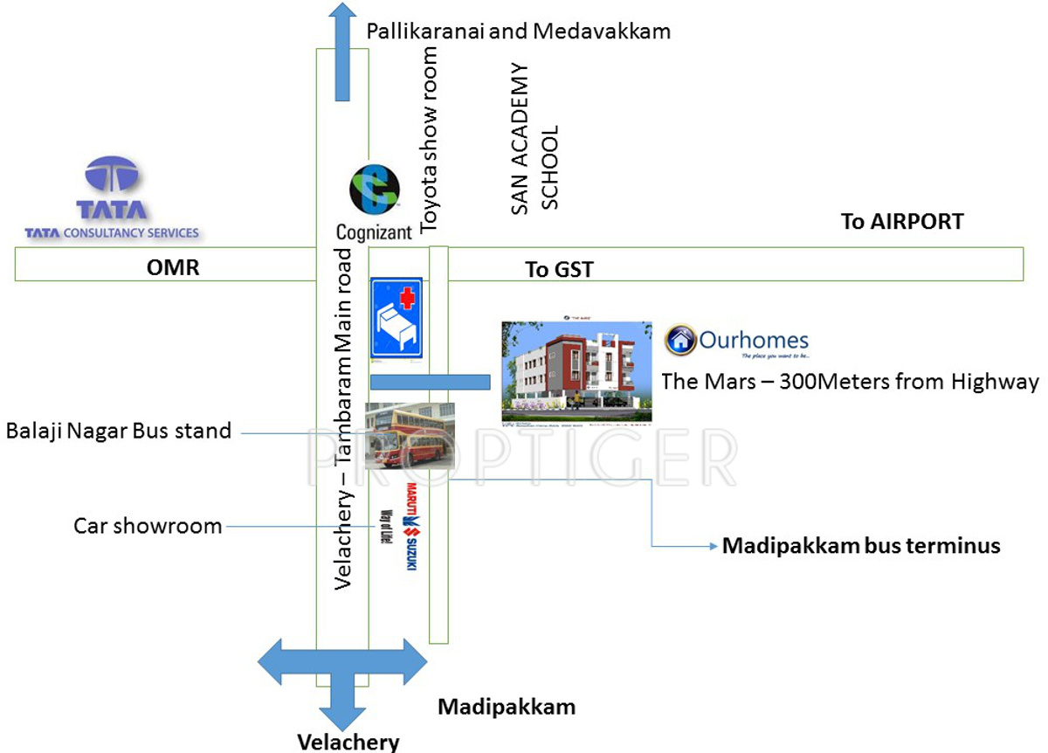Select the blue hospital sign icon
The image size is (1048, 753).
tap(396, 318)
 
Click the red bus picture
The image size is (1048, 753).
tap(409, 435)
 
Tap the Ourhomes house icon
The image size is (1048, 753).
tap(679, 340)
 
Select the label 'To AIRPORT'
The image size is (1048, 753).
tap(902, 221)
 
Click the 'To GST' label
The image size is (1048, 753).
tap(559, 269)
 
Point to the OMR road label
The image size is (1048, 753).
tap(173, 267)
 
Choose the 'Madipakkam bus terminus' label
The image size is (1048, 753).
tap(860, 547)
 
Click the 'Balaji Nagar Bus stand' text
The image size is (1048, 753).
tap(119, 431)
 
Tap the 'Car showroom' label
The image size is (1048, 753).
tap(148, 526)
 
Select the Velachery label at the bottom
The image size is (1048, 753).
tap(348, 742)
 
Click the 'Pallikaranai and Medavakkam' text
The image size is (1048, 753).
tap(519, 32)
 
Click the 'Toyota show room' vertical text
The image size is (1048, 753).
tap(429, 140)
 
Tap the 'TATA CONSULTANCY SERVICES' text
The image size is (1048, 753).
tap(112, 233)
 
